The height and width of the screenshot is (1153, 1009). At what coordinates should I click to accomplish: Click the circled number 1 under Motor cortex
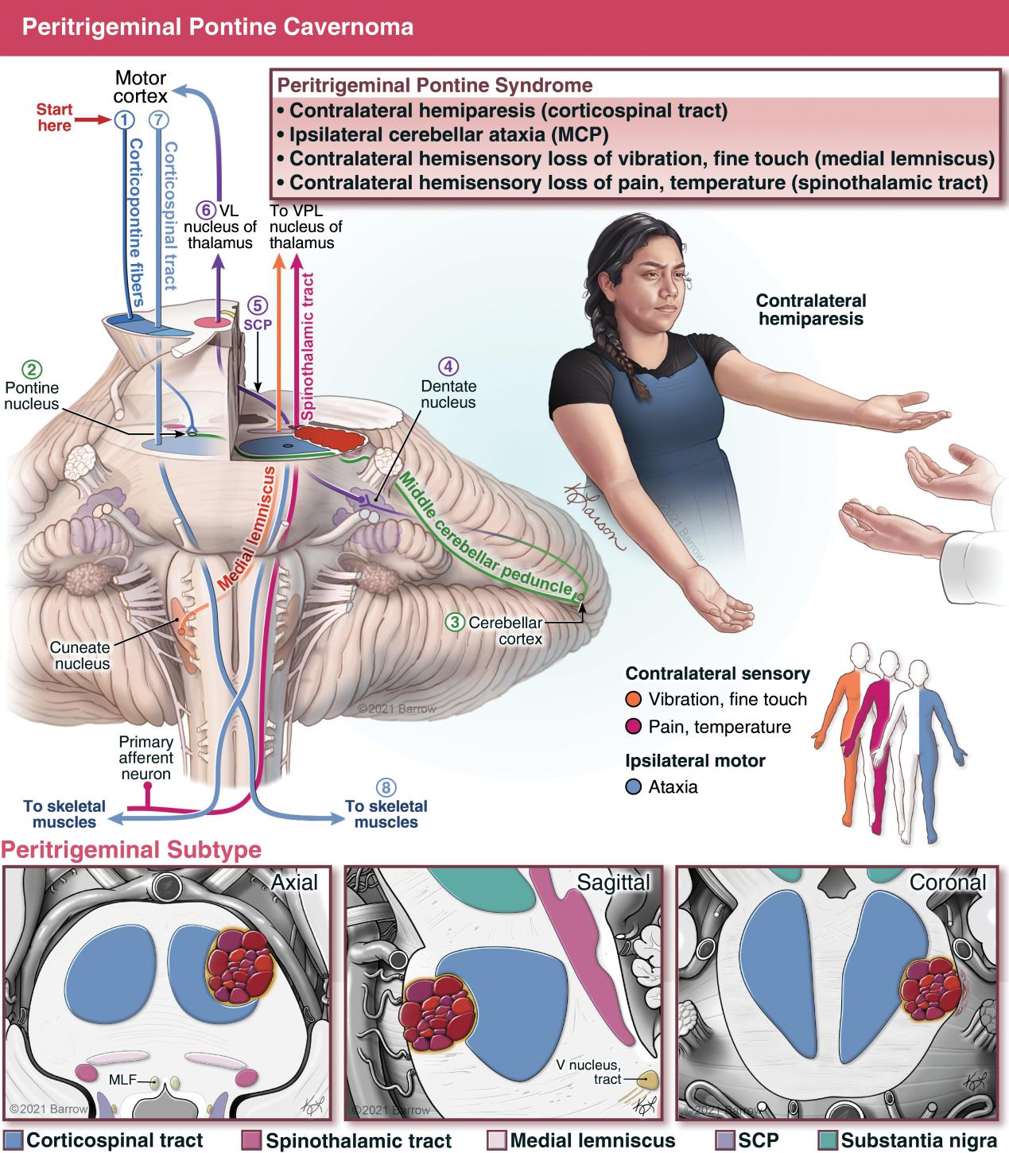[124, 119]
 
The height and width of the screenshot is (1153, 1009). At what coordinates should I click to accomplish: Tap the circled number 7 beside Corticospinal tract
[159, 119]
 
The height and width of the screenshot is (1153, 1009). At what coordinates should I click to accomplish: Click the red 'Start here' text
[54, 117]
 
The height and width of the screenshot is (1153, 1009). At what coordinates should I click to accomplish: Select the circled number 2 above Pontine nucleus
[32, 370]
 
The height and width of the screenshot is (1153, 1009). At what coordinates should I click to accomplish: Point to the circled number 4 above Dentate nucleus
[448, 367]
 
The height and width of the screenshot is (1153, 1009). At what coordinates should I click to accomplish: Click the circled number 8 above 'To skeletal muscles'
[386, 787]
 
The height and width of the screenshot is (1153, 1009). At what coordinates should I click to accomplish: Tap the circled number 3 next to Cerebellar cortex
[455, 622]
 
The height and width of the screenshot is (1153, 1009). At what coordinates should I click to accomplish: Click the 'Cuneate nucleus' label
[80, 655]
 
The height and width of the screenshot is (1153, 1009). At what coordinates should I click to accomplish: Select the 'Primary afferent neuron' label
[146, 757]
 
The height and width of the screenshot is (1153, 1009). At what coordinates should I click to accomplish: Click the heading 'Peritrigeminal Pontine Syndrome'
[435, 85]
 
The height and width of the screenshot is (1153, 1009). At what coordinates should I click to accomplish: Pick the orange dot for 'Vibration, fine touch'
[633, 699]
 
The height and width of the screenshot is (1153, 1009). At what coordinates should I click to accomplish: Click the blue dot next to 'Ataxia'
[633, 786]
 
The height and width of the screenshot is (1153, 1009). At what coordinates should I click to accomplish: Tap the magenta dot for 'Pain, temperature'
[633, 727]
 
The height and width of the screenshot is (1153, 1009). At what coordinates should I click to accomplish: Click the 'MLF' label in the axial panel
[122, 1079]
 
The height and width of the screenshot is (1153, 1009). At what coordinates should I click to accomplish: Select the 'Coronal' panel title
[948, 882]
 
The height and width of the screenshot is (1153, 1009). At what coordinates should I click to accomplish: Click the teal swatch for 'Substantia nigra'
[829, 1140]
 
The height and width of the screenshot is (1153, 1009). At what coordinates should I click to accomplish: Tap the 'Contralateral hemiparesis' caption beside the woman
[811, 309]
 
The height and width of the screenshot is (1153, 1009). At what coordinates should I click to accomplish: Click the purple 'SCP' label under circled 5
[258, 324]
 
